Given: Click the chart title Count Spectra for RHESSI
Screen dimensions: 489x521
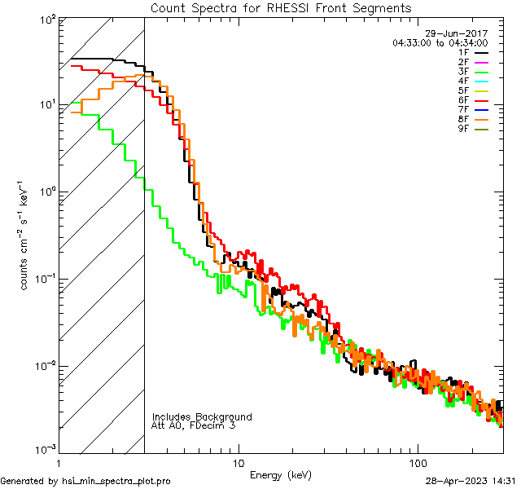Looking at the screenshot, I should click(281, 7).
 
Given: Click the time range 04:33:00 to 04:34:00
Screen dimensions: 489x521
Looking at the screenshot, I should click(440, 42).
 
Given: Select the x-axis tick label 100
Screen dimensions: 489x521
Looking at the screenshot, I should click(418, 463).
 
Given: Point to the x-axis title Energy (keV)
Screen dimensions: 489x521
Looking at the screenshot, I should click(281, 474).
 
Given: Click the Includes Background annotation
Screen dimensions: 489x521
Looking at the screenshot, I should click(202, 416).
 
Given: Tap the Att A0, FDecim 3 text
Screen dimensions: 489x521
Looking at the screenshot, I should click(194, 425).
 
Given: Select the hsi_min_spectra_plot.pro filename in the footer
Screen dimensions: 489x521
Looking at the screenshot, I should click(116, 481).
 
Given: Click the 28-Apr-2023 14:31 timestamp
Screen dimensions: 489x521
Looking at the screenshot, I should click(470, 481).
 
